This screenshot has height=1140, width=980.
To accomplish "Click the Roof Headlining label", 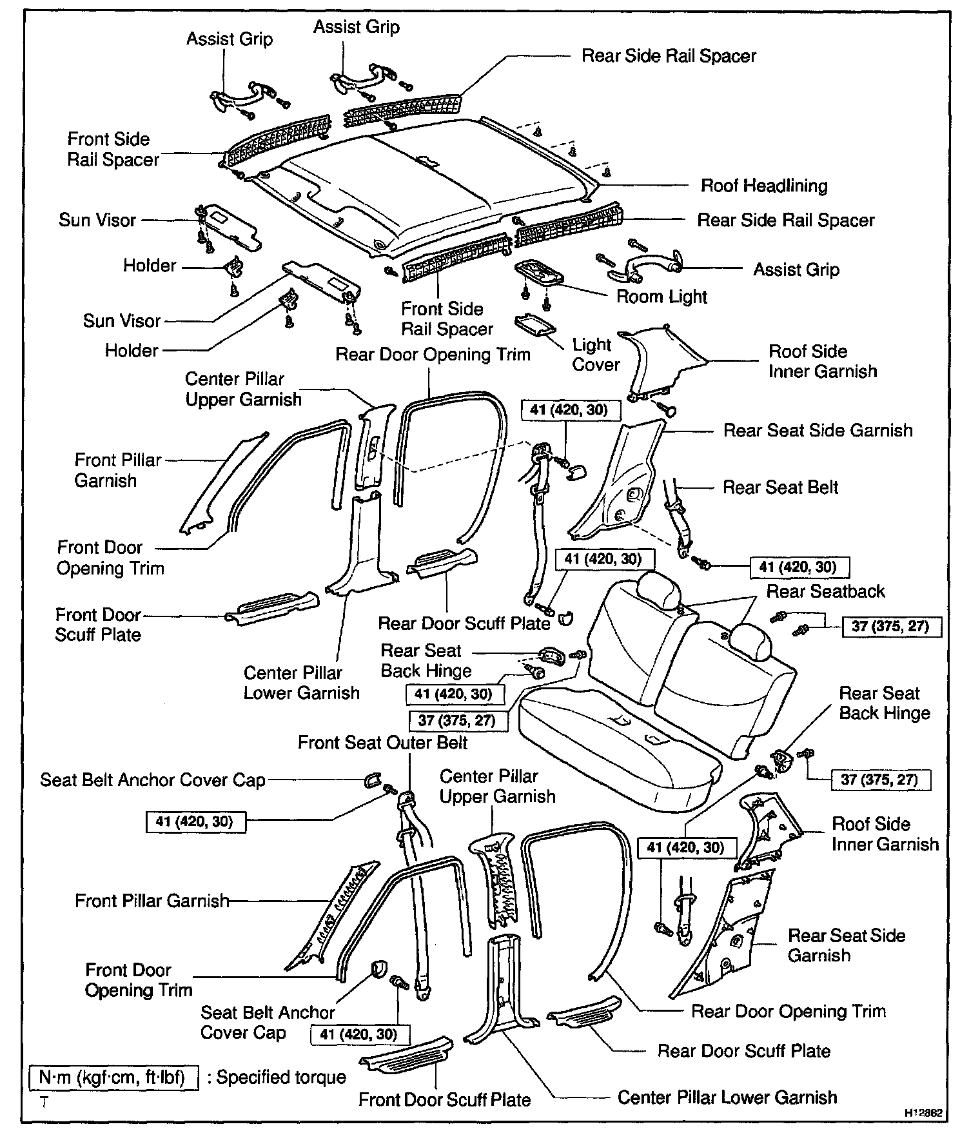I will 764,186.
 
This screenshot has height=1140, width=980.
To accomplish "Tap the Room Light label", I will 661,297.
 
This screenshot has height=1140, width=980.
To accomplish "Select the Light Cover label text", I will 595,355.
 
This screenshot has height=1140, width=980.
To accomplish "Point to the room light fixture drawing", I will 539,272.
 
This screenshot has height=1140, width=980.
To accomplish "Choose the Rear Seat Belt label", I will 780,487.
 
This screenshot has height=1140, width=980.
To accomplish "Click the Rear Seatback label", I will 825,591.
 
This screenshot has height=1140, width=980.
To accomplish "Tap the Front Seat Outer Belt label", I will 382,743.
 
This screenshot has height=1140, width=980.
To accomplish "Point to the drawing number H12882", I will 926,1113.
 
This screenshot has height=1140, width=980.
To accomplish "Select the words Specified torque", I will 281,1077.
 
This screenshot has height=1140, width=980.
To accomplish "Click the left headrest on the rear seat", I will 658,587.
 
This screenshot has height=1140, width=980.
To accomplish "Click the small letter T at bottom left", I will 44,1102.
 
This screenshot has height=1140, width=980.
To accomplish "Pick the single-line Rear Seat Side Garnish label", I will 818,431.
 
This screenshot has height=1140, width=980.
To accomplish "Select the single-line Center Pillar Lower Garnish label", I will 727,1097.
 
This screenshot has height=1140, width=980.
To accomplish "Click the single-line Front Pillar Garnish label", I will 152,901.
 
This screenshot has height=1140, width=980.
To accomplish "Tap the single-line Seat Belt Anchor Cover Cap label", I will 153,780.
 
